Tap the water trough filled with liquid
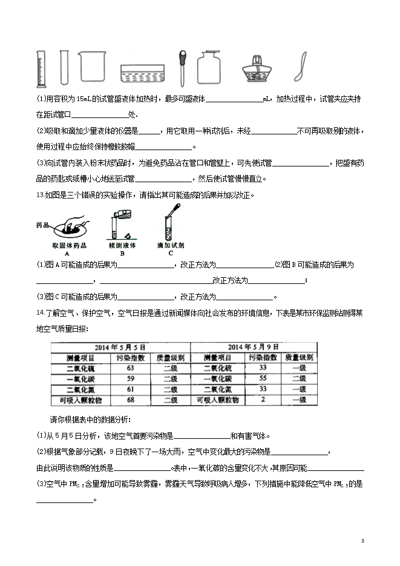(x=141, y=74)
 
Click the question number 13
(x=40, y=194)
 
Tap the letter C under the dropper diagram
(x=171, y=254)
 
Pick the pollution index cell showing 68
(x=130, y=401)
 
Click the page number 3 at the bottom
(x=362, y=541)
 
